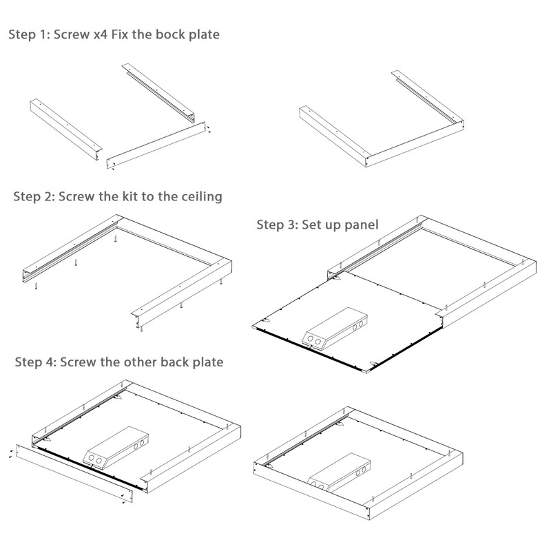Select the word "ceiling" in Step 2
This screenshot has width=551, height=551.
tap(200, 196)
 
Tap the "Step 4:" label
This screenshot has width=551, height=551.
tap(35, 362)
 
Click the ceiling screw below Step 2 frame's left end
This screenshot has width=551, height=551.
tap(32, 287)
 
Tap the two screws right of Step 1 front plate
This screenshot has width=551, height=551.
tap(210, 129)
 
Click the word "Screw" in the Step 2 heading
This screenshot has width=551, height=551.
tap(76, 196)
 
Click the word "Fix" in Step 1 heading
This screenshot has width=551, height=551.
tap(129, 34)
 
